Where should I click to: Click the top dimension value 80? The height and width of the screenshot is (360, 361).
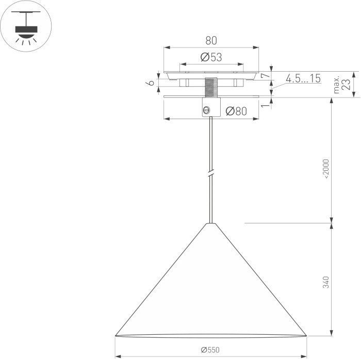(x=211, y=40)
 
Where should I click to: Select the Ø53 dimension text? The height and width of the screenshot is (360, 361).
(x=211, y=57)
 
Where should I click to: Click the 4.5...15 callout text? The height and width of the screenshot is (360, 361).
(x=303, y=78)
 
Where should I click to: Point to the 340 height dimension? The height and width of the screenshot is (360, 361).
(x=325, y=283)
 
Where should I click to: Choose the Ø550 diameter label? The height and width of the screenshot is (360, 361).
(x=210, y=350)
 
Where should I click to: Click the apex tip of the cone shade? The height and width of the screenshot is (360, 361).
(x=210, y=224)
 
